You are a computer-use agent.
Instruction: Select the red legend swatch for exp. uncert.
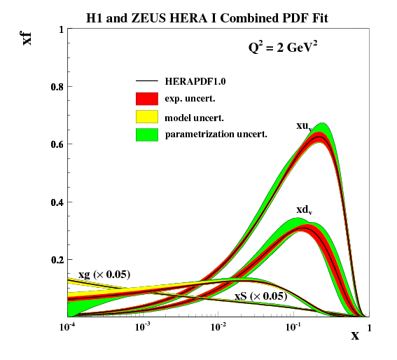pyautogui.click(x=147, y=99)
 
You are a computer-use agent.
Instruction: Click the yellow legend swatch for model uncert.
pyautogui.click(x=147, y=116)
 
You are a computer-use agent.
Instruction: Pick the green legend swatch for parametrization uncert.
pyautogui.click(x=147, y=133)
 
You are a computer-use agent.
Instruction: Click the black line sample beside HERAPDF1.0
pyautogui.click(x=147, y=82)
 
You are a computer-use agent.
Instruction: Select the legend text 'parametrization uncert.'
pyautogui.click(x=216, y=133)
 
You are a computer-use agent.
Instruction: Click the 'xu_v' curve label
pyautogui.click(x=304, y=126)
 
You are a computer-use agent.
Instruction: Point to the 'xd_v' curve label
pyautogui.click(x=304, y=209)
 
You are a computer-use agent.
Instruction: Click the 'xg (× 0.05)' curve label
pyautogui.click(x=104, y=274)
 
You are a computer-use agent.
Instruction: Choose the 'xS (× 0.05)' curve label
pyautogui.click(x=260, y=296)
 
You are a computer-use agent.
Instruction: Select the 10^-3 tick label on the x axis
pyautogui.click(x=143, y=327)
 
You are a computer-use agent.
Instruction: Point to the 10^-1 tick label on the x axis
pyautogui.click(x=293, y=327)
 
